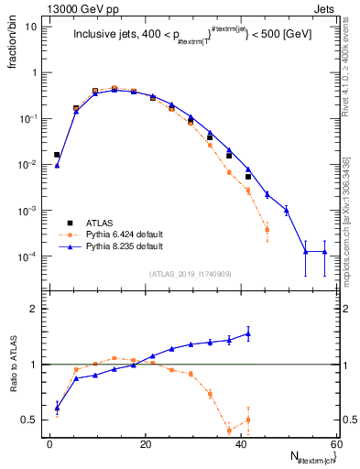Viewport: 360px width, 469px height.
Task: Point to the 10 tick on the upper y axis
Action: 31,27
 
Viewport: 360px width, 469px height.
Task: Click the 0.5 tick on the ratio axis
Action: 29,420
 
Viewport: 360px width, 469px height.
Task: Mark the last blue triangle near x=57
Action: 324,252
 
